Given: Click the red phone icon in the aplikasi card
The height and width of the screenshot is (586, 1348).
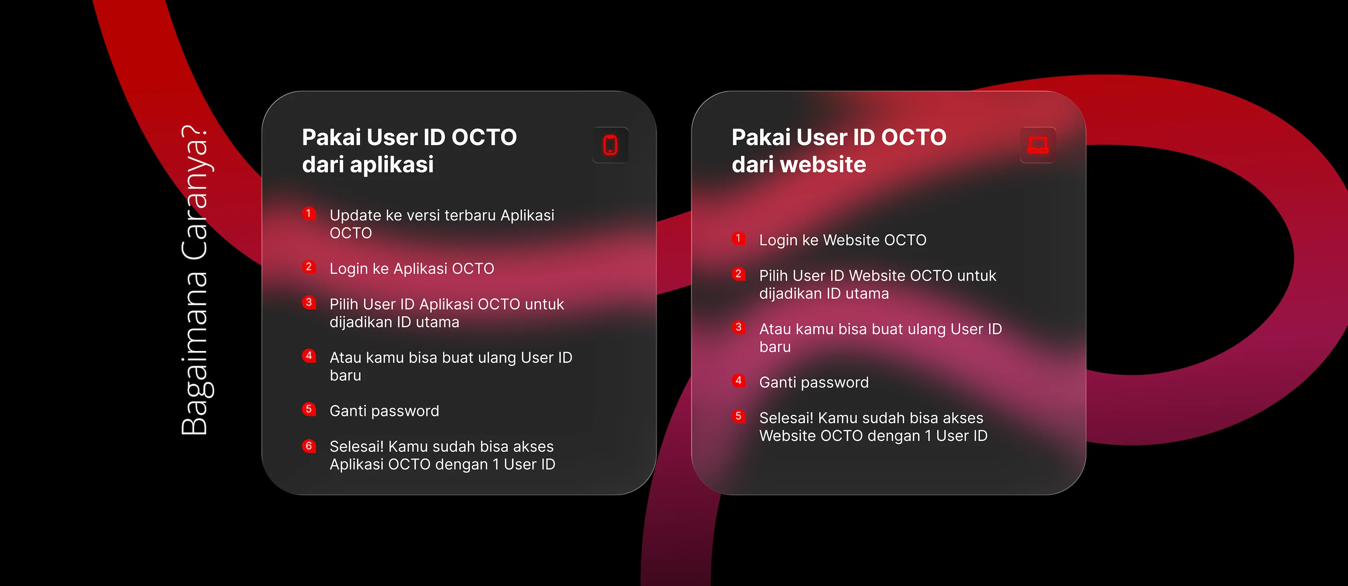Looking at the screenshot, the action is [610, 145].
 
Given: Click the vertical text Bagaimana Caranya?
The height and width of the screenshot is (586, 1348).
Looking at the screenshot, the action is [195, 280].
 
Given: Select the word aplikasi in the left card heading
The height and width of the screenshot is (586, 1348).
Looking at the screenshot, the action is [392, 165].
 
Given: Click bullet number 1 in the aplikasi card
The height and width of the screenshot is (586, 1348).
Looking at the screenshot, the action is [309, 213].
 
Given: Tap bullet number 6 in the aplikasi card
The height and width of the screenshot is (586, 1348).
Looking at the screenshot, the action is [309, 446].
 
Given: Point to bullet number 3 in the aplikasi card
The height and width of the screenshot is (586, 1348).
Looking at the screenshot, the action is [309, 302].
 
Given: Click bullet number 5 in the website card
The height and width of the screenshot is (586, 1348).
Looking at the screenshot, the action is [738, 417].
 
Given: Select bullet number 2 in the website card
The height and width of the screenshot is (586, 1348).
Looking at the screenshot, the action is [738, 274].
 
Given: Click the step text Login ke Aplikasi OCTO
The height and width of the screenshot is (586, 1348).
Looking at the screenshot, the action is [412, 269].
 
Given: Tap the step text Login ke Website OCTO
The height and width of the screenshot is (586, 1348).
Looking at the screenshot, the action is [842, 240].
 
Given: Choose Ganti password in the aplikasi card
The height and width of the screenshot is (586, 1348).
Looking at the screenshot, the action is [384, 411].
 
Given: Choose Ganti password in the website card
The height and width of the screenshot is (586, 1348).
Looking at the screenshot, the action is [814, 383].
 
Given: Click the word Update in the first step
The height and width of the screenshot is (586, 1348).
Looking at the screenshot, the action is [355, 216].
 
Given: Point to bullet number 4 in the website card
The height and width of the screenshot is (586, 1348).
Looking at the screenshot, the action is [738, 380].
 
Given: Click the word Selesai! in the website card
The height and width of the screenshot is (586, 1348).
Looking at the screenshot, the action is [786, 418].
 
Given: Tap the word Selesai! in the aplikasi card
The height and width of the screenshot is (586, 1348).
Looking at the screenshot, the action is [356, 447].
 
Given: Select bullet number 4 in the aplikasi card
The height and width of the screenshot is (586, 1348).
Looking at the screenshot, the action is [309, 356].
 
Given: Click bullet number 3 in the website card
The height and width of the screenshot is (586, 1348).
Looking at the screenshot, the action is [738, 327].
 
